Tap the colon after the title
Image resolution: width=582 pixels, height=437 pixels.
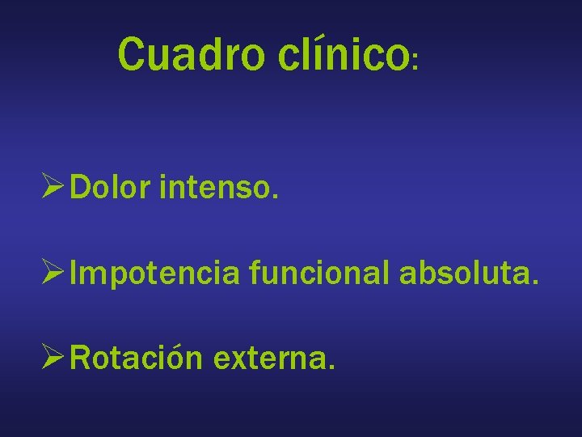click(x=415, y=62)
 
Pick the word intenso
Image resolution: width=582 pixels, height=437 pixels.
click(x=219, y=189)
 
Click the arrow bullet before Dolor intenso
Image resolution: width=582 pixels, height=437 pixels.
click(x=54, y=189)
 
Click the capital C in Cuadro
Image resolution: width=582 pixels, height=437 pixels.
click(x=131, y=53)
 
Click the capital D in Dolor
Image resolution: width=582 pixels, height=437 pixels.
click(x=81, y=189)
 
